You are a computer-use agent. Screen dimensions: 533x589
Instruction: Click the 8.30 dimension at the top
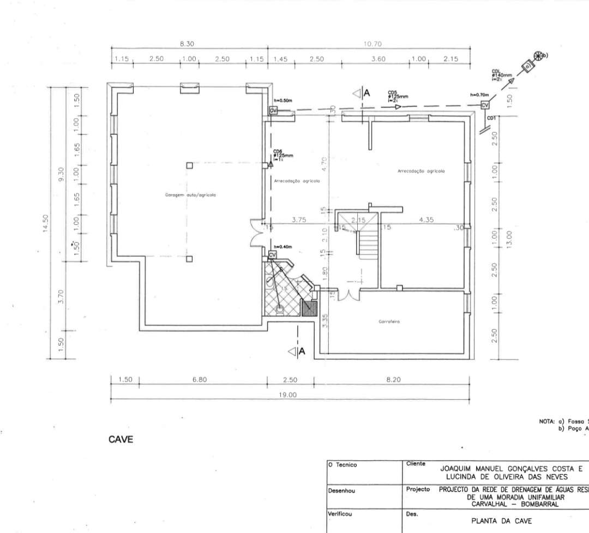coord(187,44)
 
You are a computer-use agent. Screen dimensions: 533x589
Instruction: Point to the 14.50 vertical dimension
coord(47,223)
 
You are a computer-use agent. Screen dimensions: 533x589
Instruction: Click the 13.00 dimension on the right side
coord(509,238)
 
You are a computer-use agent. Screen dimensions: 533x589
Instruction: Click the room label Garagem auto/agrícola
coord(187,195)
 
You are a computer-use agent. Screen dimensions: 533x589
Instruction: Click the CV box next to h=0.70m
coord(484,105)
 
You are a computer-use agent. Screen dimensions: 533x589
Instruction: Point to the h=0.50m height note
coord(283,100)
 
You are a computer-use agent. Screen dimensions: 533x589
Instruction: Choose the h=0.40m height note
coord(283,247)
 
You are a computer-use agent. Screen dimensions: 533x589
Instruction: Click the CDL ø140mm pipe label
coord(501,75)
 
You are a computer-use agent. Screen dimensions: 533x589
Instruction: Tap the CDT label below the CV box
coord(491,117)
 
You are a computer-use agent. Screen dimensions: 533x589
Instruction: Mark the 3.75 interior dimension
coord(298,220)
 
